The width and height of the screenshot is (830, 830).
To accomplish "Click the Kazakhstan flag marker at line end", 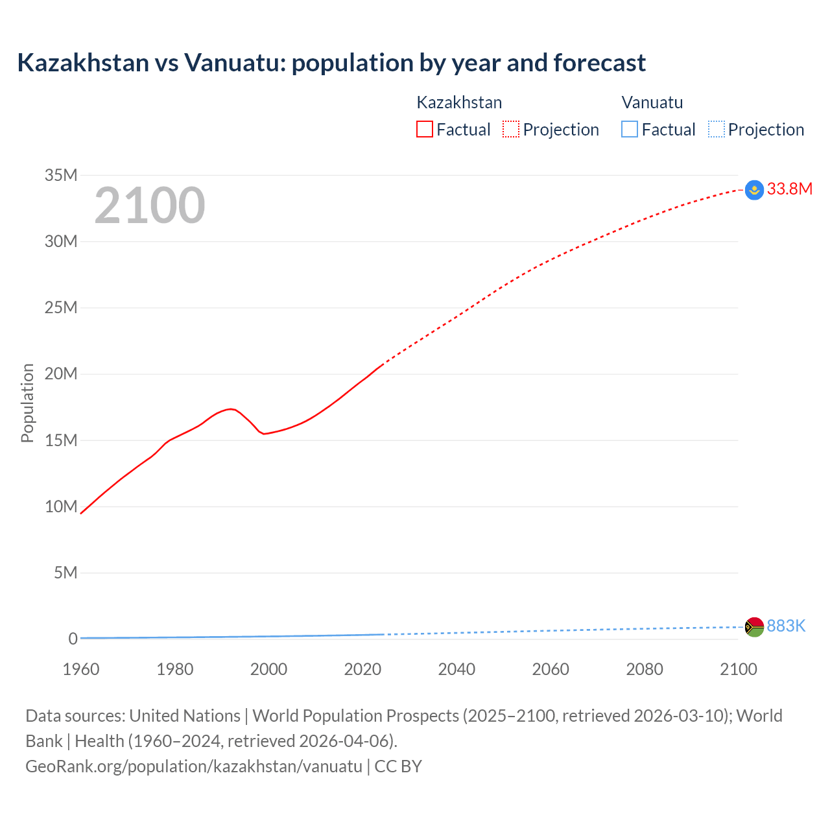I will click(754, 190).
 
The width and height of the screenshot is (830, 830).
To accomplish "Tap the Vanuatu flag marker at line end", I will click(754, 627).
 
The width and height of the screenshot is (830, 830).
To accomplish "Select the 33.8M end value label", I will click(789, 189).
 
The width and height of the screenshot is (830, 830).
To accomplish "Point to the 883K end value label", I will click(786, 626).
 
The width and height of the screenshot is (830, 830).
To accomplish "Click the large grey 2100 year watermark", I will click(150, 206).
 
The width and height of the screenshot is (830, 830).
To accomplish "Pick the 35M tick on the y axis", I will click(61, 175).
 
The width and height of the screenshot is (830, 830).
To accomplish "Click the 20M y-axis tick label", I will click(61, 373).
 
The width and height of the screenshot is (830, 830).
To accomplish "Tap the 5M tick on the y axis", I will click(65, 573).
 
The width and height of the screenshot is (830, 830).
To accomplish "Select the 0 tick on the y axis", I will click(73, 639).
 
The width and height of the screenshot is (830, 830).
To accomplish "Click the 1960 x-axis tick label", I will click(81, 669).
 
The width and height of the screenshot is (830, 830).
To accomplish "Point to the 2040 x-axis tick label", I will click(456, 669).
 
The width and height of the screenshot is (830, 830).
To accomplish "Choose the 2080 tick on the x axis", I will click(645, 669).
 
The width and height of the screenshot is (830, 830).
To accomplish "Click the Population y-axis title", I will click(27, 403).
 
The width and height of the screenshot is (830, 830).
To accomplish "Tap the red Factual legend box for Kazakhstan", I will click(424, 129).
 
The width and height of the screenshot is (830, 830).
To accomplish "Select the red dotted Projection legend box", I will click(511, 129).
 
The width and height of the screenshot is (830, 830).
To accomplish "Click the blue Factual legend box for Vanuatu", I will click(630, 129).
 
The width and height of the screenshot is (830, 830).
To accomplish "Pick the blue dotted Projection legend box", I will click(717, 129).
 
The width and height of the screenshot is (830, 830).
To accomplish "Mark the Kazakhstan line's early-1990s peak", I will click(231, 409).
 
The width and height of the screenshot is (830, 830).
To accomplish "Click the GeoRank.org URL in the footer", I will click(194, 766).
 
